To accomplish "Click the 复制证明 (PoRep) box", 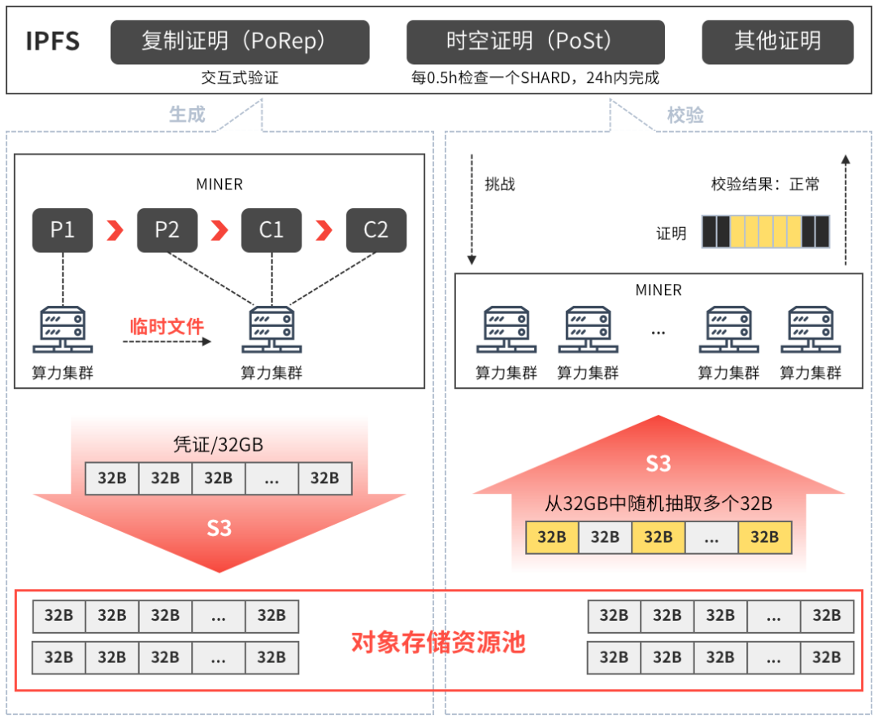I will pyautogui.click(x=240, y=41).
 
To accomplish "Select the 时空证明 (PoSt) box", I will pyautogui.click(x=535, y=41).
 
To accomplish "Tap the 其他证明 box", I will pyautogui.click(x=777, y=41).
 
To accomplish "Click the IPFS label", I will pyautogui.click(x=53, y=41).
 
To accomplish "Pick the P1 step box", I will pyautogui.click(x=63, y=230).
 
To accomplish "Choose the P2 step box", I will pyautogui.click(x=167, y=230).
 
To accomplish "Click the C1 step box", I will pyautogui.click(x=272, y=230).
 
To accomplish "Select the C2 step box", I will pyautogui.click(x=376, y=230).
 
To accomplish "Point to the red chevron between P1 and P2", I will pyautogui.click(x=115, y=231).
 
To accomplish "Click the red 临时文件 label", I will pyautogui.click(x=167, y=326).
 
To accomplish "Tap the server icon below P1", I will pyautogui.click(x=63, y=329).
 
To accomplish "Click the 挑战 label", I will pyautogui.click(x=500, y=185).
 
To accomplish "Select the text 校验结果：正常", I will pyautogui.click(x=765, y=185).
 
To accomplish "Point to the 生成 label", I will pyautogui.click(x=187, y=115).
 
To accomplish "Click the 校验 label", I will pyautogui.click(x=685, y=115).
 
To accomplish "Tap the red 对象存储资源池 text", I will pyautogui.click(x=438, y=643).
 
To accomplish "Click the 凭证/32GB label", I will pyautogui.click(x=219, y=445).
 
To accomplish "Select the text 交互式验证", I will pyautogui.click(x=240, y=78).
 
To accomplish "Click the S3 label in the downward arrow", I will pyautogui.click(x=219, y=528).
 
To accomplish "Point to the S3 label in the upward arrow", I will pyautogui.click(x=658, y=464).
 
